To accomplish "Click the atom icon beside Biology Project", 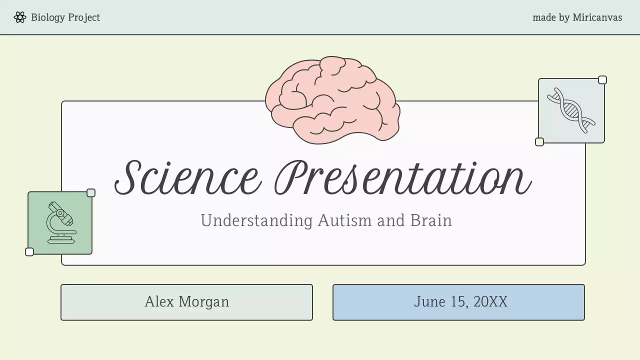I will pyautogui.click(x=20, y=17).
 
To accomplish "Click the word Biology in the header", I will pyautogui.click(x=48, y=17).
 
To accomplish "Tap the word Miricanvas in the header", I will pyautogui.click(x=597, y=17).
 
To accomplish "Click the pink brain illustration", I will pyautogui.click(x=332, y=100).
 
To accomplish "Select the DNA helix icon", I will pyautogui.click(x=571, y=110).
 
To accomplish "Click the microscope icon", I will pyautogui.click(x=60, y=223).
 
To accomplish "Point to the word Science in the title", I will pyautogui.click(x=188, y=177).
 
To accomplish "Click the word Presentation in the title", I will pyautogui.click(x=403, y=177).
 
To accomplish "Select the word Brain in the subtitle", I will pyautogui.click(x=431, y=220).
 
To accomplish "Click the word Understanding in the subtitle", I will pyautogui.click(x=256, y=220).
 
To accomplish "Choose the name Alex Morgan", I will pyautogui.click(x=186, y=302).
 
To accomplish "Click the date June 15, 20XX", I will pyautogui.click(x=460, y=302).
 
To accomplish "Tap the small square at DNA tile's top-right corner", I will pyautogui.click(x=602, y=80).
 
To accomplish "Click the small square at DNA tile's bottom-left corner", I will pyautogui.click(x=539, y=142).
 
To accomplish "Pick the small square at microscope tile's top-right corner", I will pyautogui.click(x=91, y=193).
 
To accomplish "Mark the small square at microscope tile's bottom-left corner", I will pyautogui.click(x=29, y=252).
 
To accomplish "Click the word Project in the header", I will pyautogui.click(x=84, y=17).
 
